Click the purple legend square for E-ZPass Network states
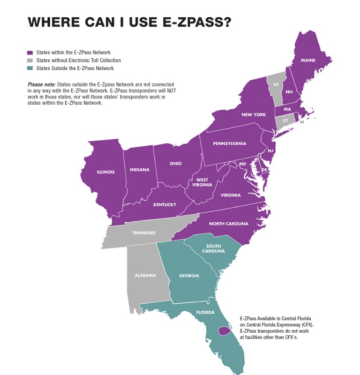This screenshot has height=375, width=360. point(30,52)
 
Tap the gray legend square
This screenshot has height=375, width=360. point(30,60)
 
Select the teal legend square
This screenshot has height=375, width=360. point(30,68)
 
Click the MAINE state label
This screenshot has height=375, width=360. point(308,61)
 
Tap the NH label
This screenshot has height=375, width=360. point(289,92)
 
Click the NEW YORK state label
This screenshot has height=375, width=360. point(254,115)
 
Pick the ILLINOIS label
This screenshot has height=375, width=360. point(105,172)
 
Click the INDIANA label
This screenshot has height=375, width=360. point(140,170)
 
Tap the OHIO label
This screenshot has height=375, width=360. point(175,164)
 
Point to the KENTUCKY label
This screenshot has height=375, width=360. point(165,205)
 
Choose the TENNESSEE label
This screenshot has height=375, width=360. point(143,233)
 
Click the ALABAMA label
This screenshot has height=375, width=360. point(145,275)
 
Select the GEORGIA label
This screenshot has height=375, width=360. point(189,276)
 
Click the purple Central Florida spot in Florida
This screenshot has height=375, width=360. point(225,331)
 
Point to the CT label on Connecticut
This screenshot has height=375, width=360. point(285,120)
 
